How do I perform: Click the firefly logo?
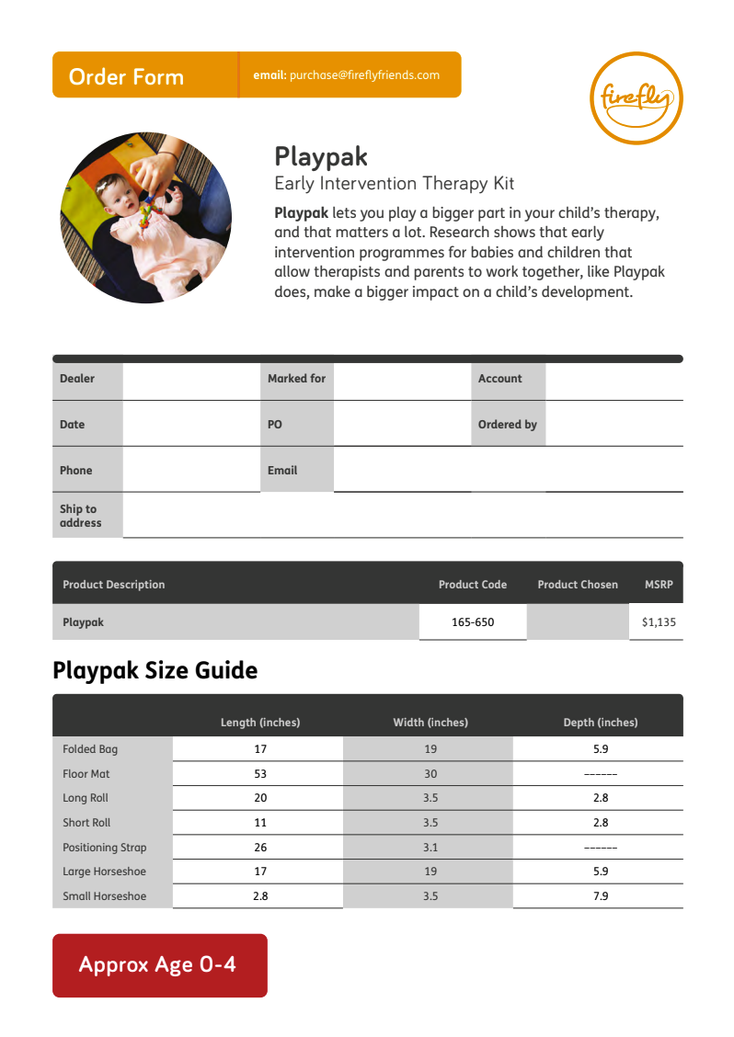click(636, 98)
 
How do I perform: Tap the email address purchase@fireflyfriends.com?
click(364, 75)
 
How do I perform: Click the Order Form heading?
click(126, 77)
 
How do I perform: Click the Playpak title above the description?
click(321, 156)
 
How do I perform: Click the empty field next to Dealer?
click(191, 379)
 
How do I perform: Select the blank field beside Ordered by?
click(614, 425)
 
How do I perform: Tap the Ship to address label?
click(80, 516)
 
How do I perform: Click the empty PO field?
click(402, 425)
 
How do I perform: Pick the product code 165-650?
click(473, 622)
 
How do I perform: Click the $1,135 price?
click(659, 622)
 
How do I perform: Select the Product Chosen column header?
click(578, 585)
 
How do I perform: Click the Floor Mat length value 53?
click(260, 774)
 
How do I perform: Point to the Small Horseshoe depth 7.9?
click(601, 896)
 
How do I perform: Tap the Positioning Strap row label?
click(104, 848)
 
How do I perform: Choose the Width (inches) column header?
click(430, 723)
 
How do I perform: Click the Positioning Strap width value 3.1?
click(430, 848)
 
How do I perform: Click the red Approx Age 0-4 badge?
click(159, 965)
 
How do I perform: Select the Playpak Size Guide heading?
click(155, 670)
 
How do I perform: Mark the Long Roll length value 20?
click(260, 798)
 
